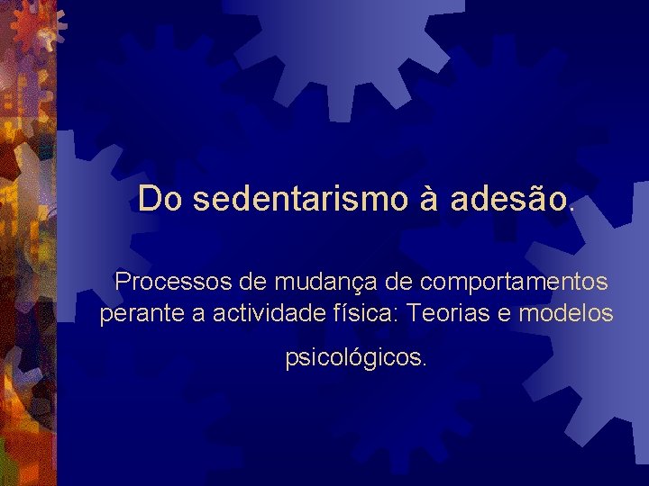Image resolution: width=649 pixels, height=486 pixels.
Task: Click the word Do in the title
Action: pos(160,199)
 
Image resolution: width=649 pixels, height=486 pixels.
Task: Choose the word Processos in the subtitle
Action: pos(174,282)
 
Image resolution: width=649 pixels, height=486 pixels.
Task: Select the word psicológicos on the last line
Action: pos(355,358)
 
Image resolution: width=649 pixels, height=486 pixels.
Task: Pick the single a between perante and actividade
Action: pos(191,315)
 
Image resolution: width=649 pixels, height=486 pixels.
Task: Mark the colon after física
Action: pos(404,316)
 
